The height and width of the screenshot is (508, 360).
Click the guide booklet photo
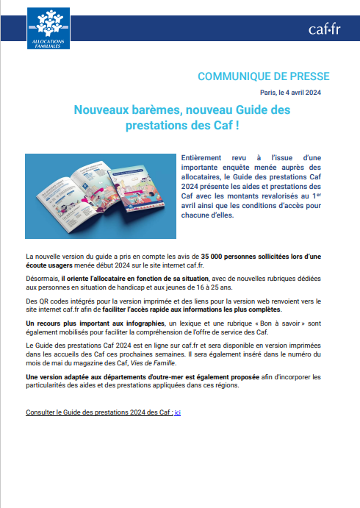[x=101, y=196]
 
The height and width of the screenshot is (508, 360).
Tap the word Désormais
[x=43, y=279]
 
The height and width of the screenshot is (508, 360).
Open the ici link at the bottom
[x=177, y=412]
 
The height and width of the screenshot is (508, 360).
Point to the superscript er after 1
[x=318, y=193]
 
